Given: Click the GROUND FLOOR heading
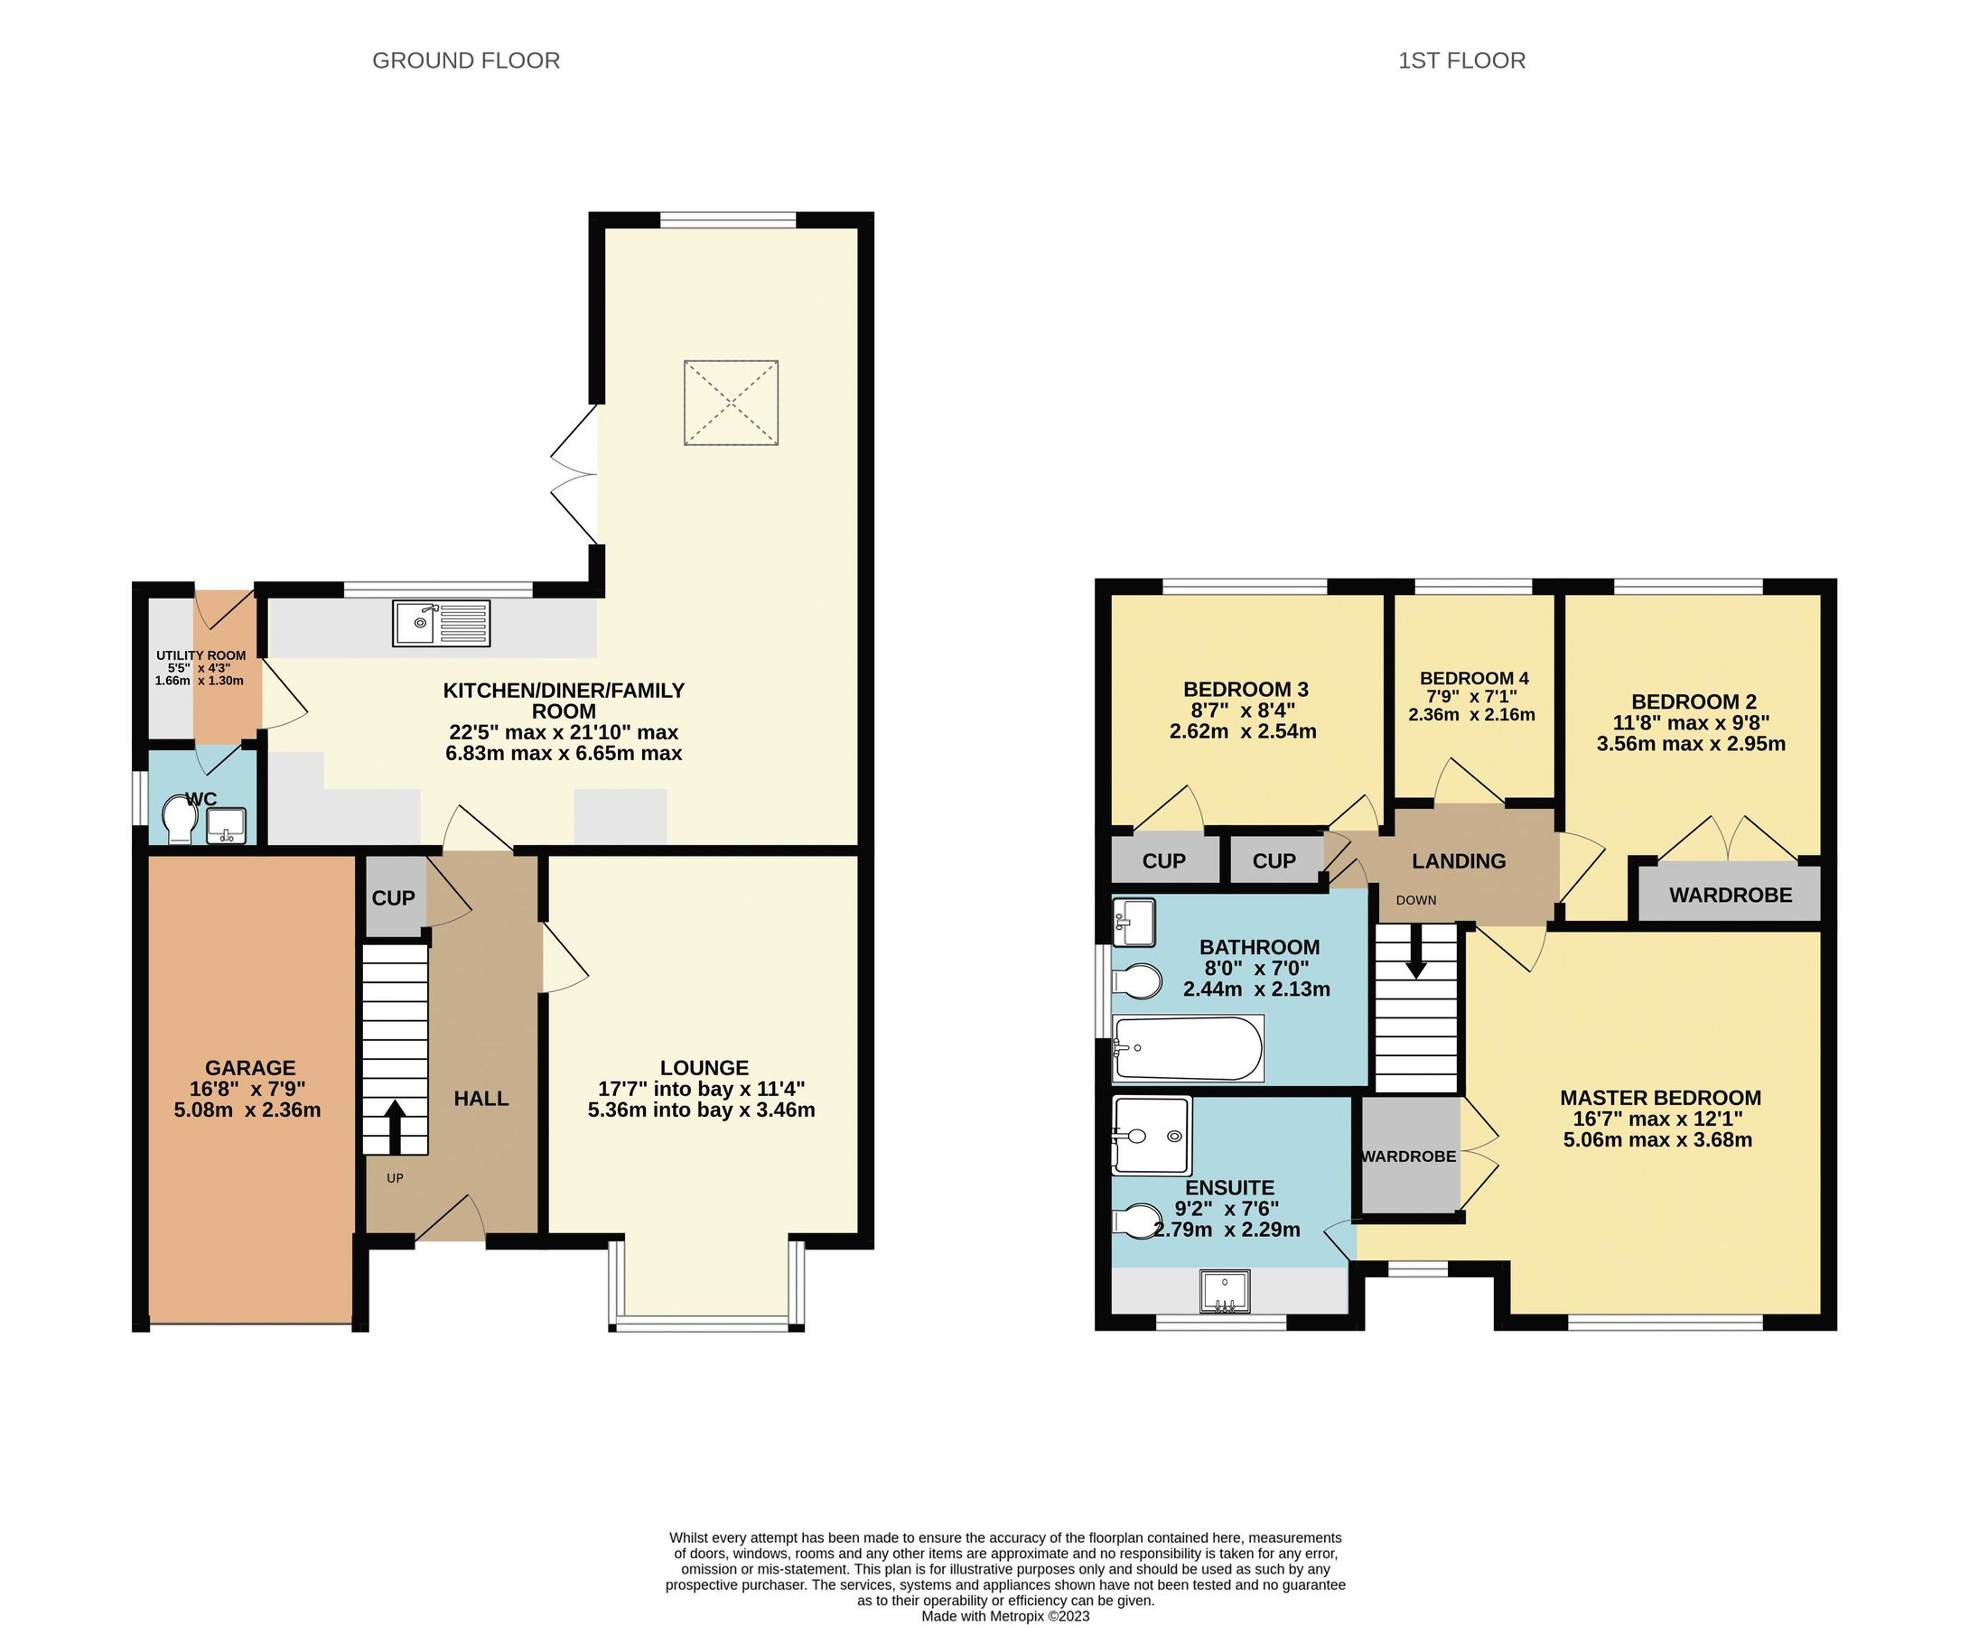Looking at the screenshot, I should click(x=465, y=60).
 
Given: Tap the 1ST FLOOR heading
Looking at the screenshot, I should click(x=1460, y=60).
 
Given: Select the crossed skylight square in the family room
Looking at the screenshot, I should click(x=731, y=403).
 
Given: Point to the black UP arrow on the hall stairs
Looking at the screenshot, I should click(x=394, y=1126).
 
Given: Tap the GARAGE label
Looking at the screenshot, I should click(x=250, y=1068).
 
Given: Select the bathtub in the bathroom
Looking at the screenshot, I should click(x=1187, y=1048).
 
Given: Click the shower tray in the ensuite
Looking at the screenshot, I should click(x=1152, y=1135).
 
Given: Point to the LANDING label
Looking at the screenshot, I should click(x=1459, y=861).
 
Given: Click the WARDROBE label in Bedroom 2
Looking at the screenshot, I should click(x=1731, y=895).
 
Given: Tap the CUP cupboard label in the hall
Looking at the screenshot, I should click(x=393, y=898).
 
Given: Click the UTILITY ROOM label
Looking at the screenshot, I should click(x=201, y=655).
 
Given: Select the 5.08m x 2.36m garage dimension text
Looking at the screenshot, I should click(x=247, y=1110).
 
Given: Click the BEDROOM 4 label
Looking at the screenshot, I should click(x=1474, y=679).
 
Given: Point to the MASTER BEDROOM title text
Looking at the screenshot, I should click(x=1660, y=1098).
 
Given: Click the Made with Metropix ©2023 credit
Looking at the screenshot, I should click(x=1005, y=1616).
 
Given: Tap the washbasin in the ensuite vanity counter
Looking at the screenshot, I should click(x=1226, y=1292).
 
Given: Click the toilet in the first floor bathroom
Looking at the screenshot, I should click(x=1136, y=982).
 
